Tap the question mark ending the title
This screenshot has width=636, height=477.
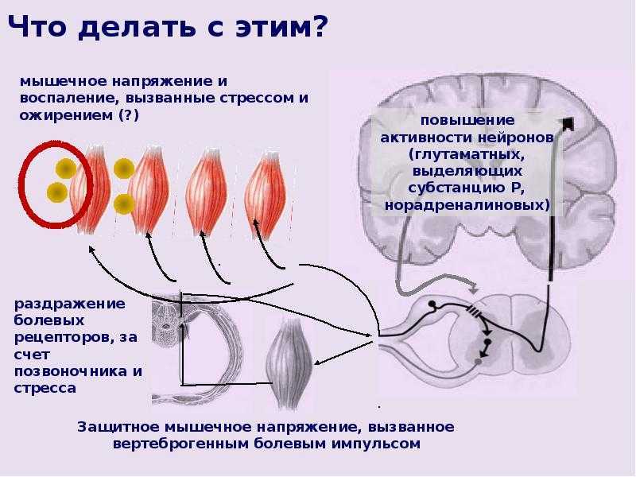tap(316, 25)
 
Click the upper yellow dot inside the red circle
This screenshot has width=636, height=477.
tap(66, 169)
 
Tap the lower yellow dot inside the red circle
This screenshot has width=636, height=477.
tap(56, 192)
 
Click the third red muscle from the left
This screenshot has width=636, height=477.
tap(206, 192)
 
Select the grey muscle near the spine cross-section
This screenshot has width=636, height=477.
tap(289, 363)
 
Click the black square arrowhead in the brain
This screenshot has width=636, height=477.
tap(568, 123)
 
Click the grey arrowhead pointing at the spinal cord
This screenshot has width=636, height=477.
tap(474, 289)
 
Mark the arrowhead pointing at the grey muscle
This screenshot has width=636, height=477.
tap(318, 363)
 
